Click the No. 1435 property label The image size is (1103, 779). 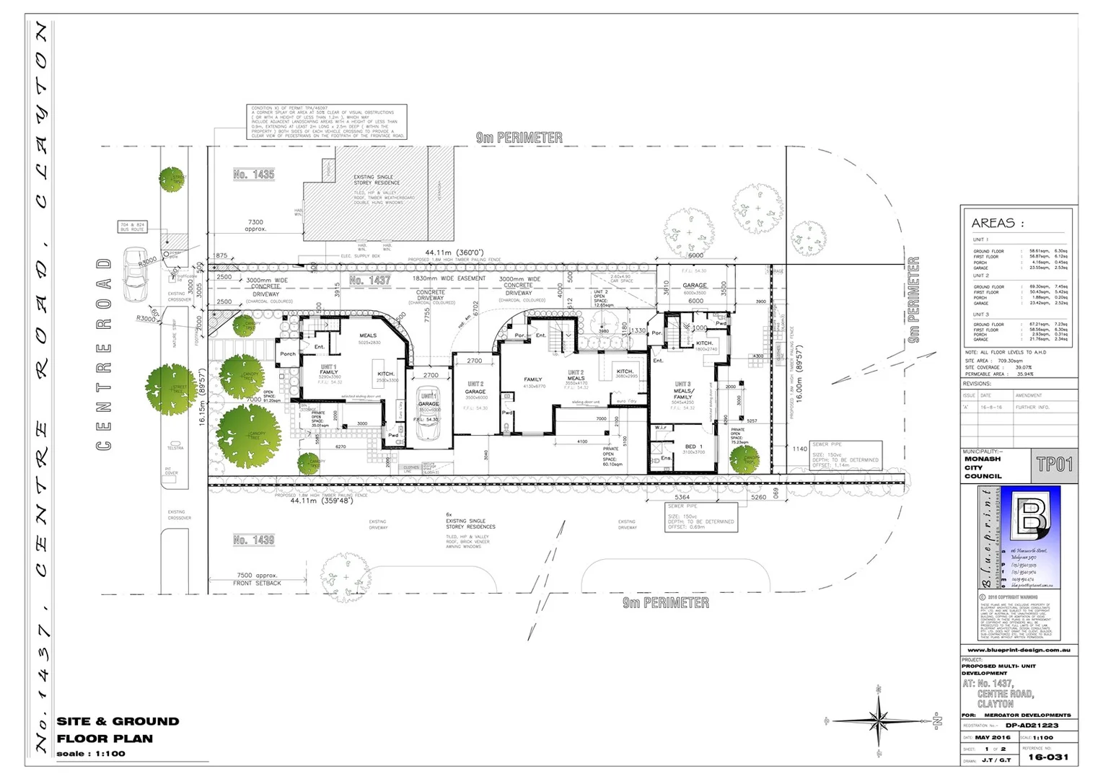tap(253, 175)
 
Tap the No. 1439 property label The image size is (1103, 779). tap(253, 540)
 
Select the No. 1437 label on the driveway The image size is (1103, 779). tap(369, 281)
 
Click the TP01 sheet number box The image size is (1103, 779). tap(1054, 465)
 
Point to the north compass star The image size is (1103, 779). tap(880, 719)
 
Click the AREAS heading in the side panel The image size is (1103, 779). tap(997, 224)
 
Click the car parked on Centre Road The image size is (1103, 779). tap(135, 274)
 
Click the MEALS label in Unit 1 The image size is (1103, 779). tap(368, 336)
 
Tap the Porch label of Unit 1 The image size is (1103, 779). tap(287, 354)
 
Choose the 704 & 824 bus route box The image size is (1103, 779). tap(133, 226)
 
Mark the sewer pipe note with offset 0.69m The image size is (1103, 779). tap(700, 517)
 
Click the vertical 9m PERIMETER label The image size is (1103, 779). tap(913, 299)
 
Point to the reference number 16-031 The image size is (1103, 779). tap(1047, 757)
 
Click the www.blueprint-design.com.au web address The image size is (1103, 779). tap(1019, 650)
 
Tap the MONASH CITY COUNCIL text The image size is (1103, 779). tap(983, 467)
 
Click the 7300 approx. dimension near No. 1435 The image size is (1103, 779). tap(256, 226)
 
